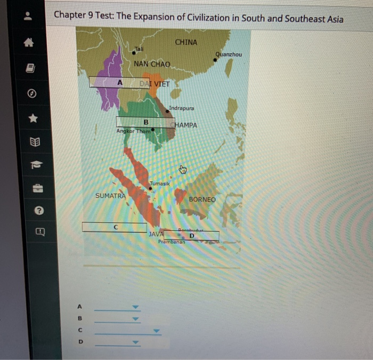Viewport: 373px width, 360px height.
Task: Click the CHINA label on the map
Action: [185, 42]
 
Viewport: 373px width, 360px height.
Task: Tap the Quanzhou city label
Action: [229, 54]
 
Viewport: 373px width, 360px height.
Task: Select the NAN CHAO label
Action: [152, 64]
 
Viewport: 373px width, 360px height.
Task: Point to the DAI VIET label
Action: [154, 84]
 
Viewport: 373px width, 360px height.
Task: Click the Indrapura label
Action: [182, 108]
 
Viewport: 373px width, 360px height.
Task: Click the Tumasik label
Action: [159, 183]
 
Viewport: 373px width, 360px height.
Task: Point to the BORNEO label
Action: [202, 199]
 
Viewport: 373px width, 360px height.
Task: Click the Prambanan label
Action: [171, 242]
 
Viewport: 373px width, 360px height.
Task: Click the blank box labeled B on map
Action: [142, 122]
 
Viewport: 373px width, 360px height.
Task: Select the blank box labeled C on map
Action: [114, 227]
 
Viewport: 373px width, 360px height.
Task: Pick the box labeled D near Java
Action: [191, 235]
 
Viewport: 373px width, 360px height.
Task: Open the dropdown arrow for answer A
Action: [135, 307]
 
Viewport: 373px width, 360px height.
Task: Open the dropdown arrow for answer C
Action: [156, 331]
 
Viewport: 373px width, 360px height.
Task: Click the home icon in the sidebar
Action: [31, 46]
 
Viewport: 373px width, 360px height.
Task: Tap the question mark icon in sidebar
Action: [31, 211]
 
